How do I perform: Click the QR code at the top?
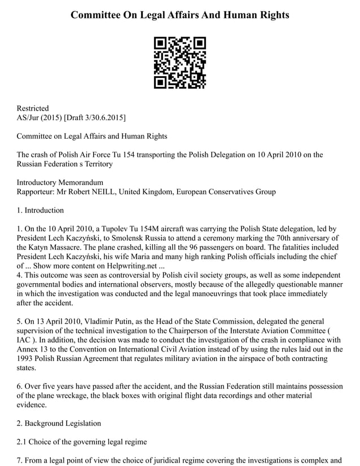click(180, 63)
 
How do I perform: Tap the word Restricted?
click(33, 108)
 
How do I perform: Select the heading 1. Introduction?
click(40, 210)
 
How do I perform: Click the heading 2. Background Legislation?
click(59, 423)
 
